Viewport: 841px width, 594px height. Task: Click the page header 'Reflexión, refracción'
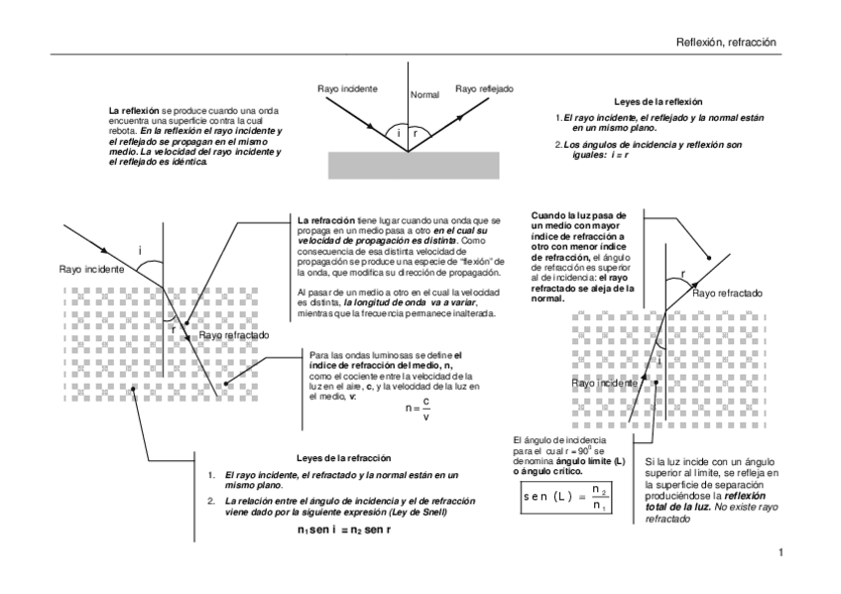point(725,43)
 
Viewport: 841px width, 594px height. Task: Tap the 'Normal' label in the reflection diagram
point(423,94)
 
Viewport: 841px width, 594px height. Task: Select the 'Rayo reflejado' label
point(484,88)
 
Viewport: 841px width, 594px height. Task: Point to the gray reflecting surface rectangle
point(407,166)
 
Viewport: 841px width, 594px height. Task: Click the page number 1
point(781,551)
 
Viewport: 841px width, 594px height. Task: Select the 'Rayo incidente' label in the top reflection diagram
point(346,88)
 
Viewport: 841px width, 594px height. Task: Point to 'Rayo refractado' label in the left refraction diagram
point(234,335)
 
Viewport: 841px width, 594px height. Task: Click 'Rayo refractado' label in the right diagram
point(727,294)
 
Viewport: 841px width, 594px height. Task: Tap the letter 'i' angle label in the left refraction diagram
point(140,250)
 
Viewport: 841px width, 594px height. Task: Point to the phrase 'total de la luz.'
point(679,507)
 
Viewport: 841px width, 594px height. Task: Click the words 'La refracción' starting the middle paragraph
point(326,219)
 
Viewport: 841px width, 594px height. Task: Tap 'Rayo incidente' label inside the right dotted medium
point(605,382)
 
